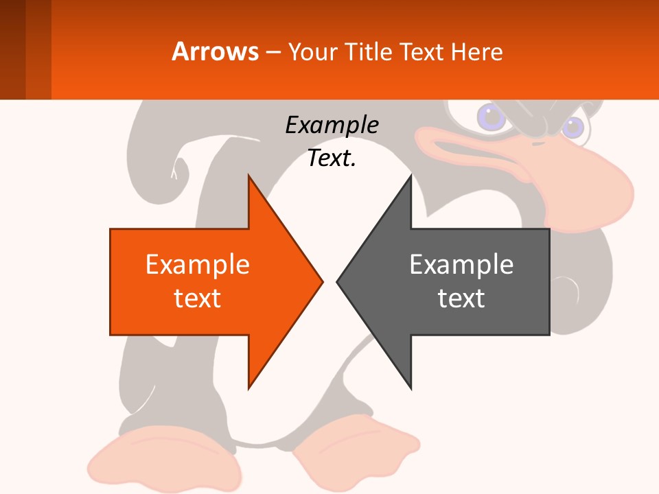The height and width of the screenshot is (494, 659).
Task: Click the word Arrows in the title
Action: pos(216,51)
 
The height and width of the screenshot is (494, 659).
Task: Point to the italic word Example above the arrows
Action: pos(332,126)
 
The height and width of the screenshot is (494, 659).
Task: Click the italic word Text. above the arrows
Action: pos(332,158)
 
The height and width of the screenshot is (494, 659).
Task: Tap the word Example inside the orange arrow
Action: pos(198,264)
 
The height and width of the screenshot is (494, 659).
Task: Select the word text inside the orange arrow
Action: pos(198,298)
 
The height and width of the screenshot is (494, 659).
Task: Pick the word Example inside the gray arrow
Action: pos(461,264)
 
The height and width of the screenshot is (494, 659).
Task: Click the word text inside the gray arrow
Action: pos(461,298)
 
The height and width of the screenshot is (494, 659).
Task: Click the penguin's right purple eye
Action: pos(573,127)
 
